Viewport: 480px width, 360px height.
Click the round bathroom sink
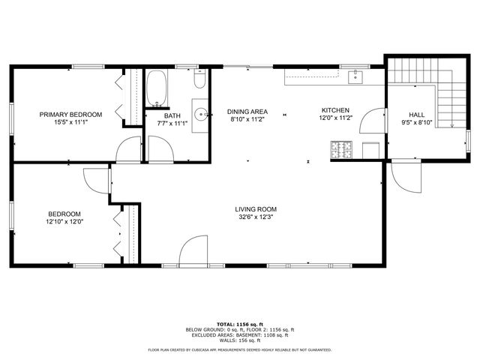click(x=201, y=115)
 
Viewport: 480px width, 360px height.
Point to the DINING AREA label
click(x=247, y=110)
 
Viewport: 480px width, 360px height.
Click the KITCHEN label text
click(x=335, y=109)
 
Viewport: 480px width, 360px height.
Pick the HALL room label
click(x=416, y=114)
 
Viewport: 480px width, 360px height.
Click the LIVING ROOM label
click(x=256, y=209)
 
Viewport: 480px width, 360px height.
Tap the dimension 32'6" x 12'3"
click(x=256, y=219)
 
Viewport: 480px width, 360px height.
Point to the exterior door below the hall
click(x=405, y=177)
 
